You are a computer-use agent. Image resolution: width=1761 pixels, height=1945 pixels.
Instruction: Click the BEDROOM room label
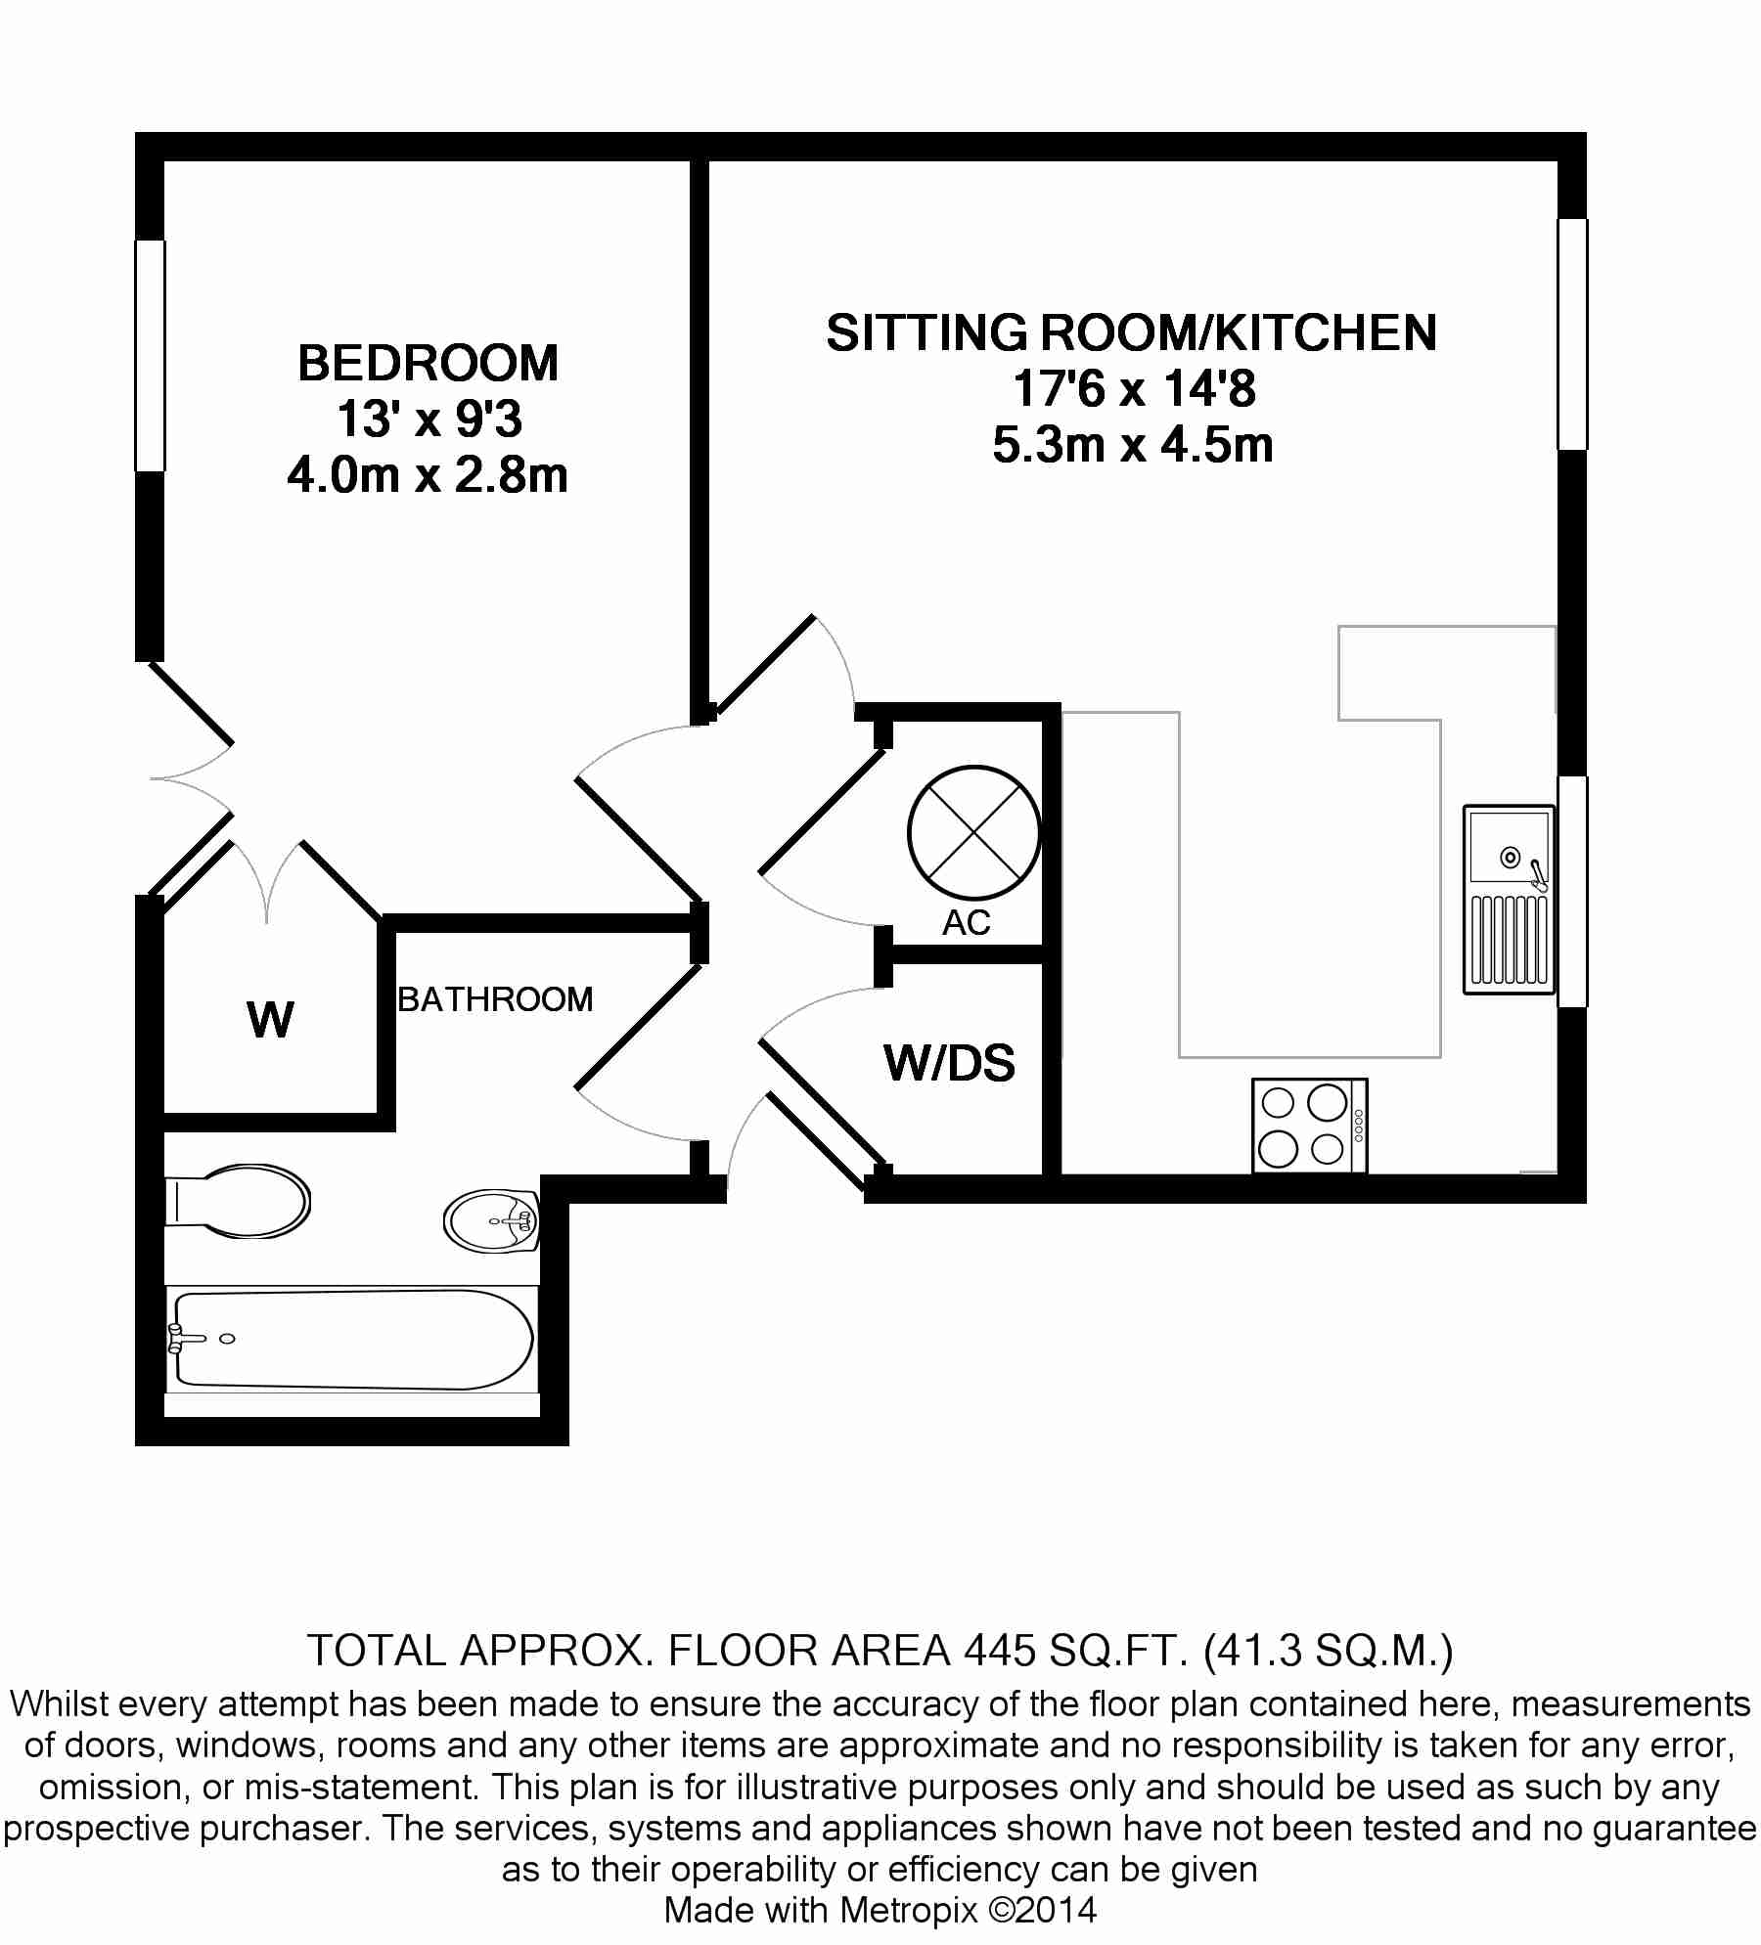pos(428,364)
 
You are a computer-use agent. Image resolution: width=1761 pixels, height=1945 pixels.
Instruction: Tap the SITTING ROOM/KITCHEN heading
pos(1132,332)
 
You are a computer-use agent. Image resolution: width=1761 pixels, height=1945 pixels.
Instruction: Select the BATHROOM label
pos(495,999)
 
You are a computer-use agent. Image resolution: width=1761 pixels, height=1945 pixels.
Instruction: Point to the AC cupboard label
pos(967,922)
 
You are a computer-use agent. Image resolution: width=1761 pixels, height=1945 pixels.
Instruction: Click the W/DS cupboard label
pos(950,1063)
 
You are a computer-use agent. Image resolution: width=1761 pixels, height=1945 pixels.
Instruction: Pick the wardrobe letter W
pos(271,1020)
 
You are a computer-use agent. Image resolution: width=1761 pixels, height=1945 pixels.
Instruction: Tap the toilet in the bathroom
pos(238,1202)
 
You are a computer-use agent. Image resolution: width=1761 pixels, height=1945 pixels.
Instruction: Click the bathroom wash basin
pos(492,1219)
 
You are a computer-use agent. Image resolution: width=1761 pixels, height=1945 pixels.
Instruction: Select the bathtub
pos(352,1339)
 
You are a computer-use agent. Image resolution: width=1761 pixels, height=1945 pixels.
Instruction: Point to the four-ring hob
pos(1310,1126)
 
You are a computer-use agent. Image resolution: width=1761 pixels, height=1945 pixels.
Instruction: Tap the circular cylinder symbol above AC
pos(973,832)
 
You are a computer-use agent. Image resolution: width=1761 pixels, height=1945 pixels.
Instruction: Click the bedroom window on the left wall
pos(151,356)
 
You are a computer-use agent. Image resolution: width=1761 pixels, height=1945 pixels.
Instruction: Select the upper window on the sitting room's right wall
pos(1572,334)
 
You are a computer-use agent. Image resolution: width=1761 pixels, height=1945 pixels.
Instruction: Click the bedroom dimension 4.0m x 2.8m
pos(428,476)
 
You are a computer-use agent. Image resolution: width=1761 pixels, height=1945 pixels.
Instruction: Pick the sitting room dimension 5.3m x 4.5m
pos(1133,446)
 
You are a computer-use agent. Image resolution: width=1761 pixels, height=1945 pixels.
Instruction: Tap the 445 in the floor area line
pos(1000,1651)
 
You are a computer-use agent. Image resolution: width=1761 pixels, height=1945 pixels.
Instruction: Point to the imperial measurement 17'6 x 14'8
pos(1133,389)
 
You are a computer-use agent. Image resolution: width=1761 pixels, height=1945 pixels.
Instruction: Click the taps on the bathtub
pos(178,1338)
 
